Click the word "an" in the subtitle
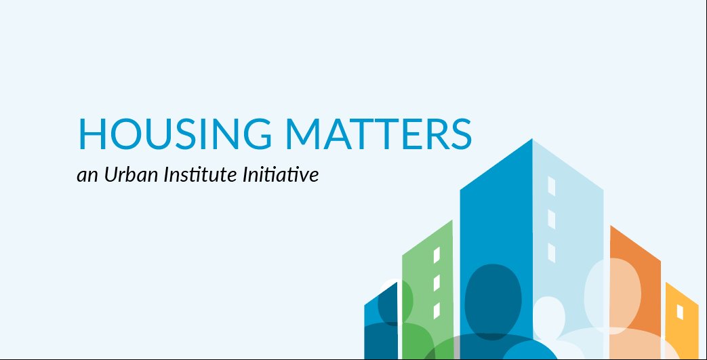pos(87,176)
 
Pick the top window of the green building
pos(437,256)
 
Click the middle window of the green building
pos(437,282)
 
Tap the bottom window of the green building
pos(437,310)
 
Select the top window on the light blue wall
pos(551,186)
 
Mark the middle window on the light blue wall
pos(551,219)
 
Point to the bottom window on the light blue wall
pos(551,253)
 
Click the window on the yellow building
pos(681,312)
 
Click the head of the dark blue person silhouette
pos(493,295)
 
